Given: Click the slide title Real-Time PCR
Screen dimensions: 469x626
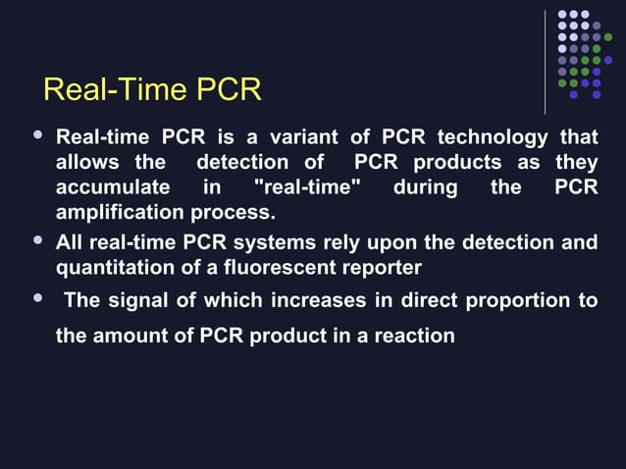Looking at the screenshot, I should point(152,90).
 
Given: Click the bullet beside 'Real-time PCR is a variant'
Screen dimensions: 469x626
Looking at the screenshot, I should point(37,133).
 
